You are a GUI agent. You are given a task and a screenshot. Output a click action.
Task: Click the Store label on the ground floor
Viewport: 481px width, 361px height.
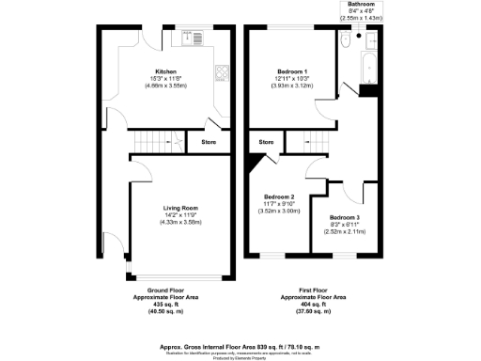click(208, 142)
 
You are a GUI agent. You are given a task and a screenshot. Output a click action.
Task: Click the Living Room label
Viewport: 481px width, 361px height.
click(173, 207)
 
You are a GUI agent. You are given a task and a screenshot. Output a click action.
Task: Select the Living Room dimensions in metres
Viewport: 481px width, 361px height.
click(173, 222)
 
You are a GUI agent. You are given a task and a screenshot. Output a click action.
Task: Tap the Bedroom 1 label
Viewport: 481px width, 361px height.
click(288, 71)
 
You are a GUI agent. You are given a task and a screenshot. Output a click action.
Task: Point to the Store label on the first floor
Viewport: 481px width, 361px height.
click(265, 143)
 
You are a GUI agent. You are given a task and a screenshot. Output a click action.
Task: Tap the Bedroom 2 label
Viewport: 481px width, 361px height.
click(279, 196)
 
